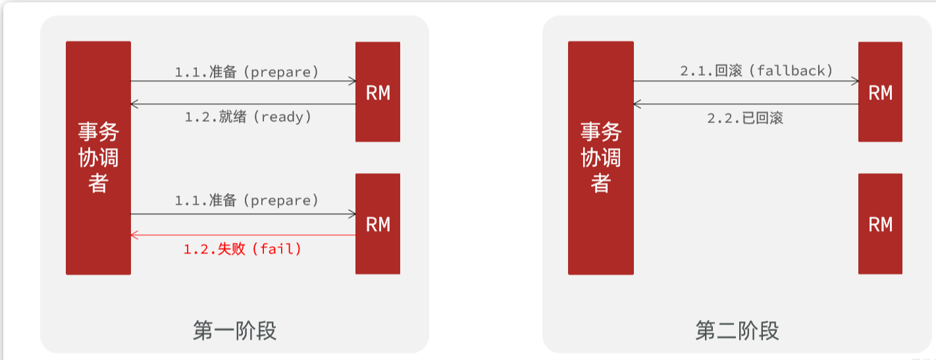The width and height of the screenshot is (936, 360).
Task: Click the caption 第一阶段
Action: click(234, 330)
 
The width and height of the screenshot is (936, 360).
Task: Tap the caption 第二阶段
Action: click(737, 330)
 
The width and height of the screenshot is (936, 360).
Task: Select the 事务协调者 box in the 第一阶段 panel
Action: click(98, 158)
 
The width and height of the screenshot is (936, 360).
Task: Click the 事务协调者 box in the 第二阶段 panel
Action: click(600, 158)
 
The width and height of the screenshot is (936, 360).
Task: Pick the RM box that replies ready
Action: click(378, 92)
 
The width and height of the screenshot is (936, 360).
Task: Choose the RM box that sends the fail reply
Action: click(378, 224)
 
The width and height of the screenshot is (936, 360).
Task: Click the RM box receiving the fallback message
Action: click(880, 92)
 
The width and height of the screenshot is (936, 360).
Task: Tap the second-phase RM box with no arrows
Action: click(880, 224)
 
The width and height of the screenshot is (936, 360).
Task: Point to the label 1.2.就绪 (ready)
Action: click(247, 117)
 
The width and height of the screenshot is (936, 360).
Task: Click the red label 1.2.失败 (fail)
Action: click(242, 249)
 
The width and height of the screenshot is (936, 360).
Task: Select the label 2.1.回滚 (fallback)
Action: click(756, 70)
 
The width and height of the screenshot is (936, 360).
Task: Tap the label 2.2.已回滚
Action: click(745, 118)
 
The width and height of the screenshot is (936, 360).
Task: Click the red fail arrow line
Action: click(244, 235)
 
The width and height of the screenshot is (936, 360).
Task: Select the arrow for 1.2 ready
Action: click(244, 104)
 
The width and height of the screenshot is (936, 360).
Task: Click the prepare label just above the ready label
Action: click(246, 72)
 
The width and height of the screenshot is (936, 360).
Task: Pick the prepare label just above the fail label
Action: click(246, 200)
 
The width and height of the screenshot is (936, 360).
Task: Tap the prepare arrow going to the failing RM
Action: click(244, 214)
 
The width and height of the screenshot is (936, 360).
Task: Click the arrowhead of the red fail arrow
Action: click(134, 235)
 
